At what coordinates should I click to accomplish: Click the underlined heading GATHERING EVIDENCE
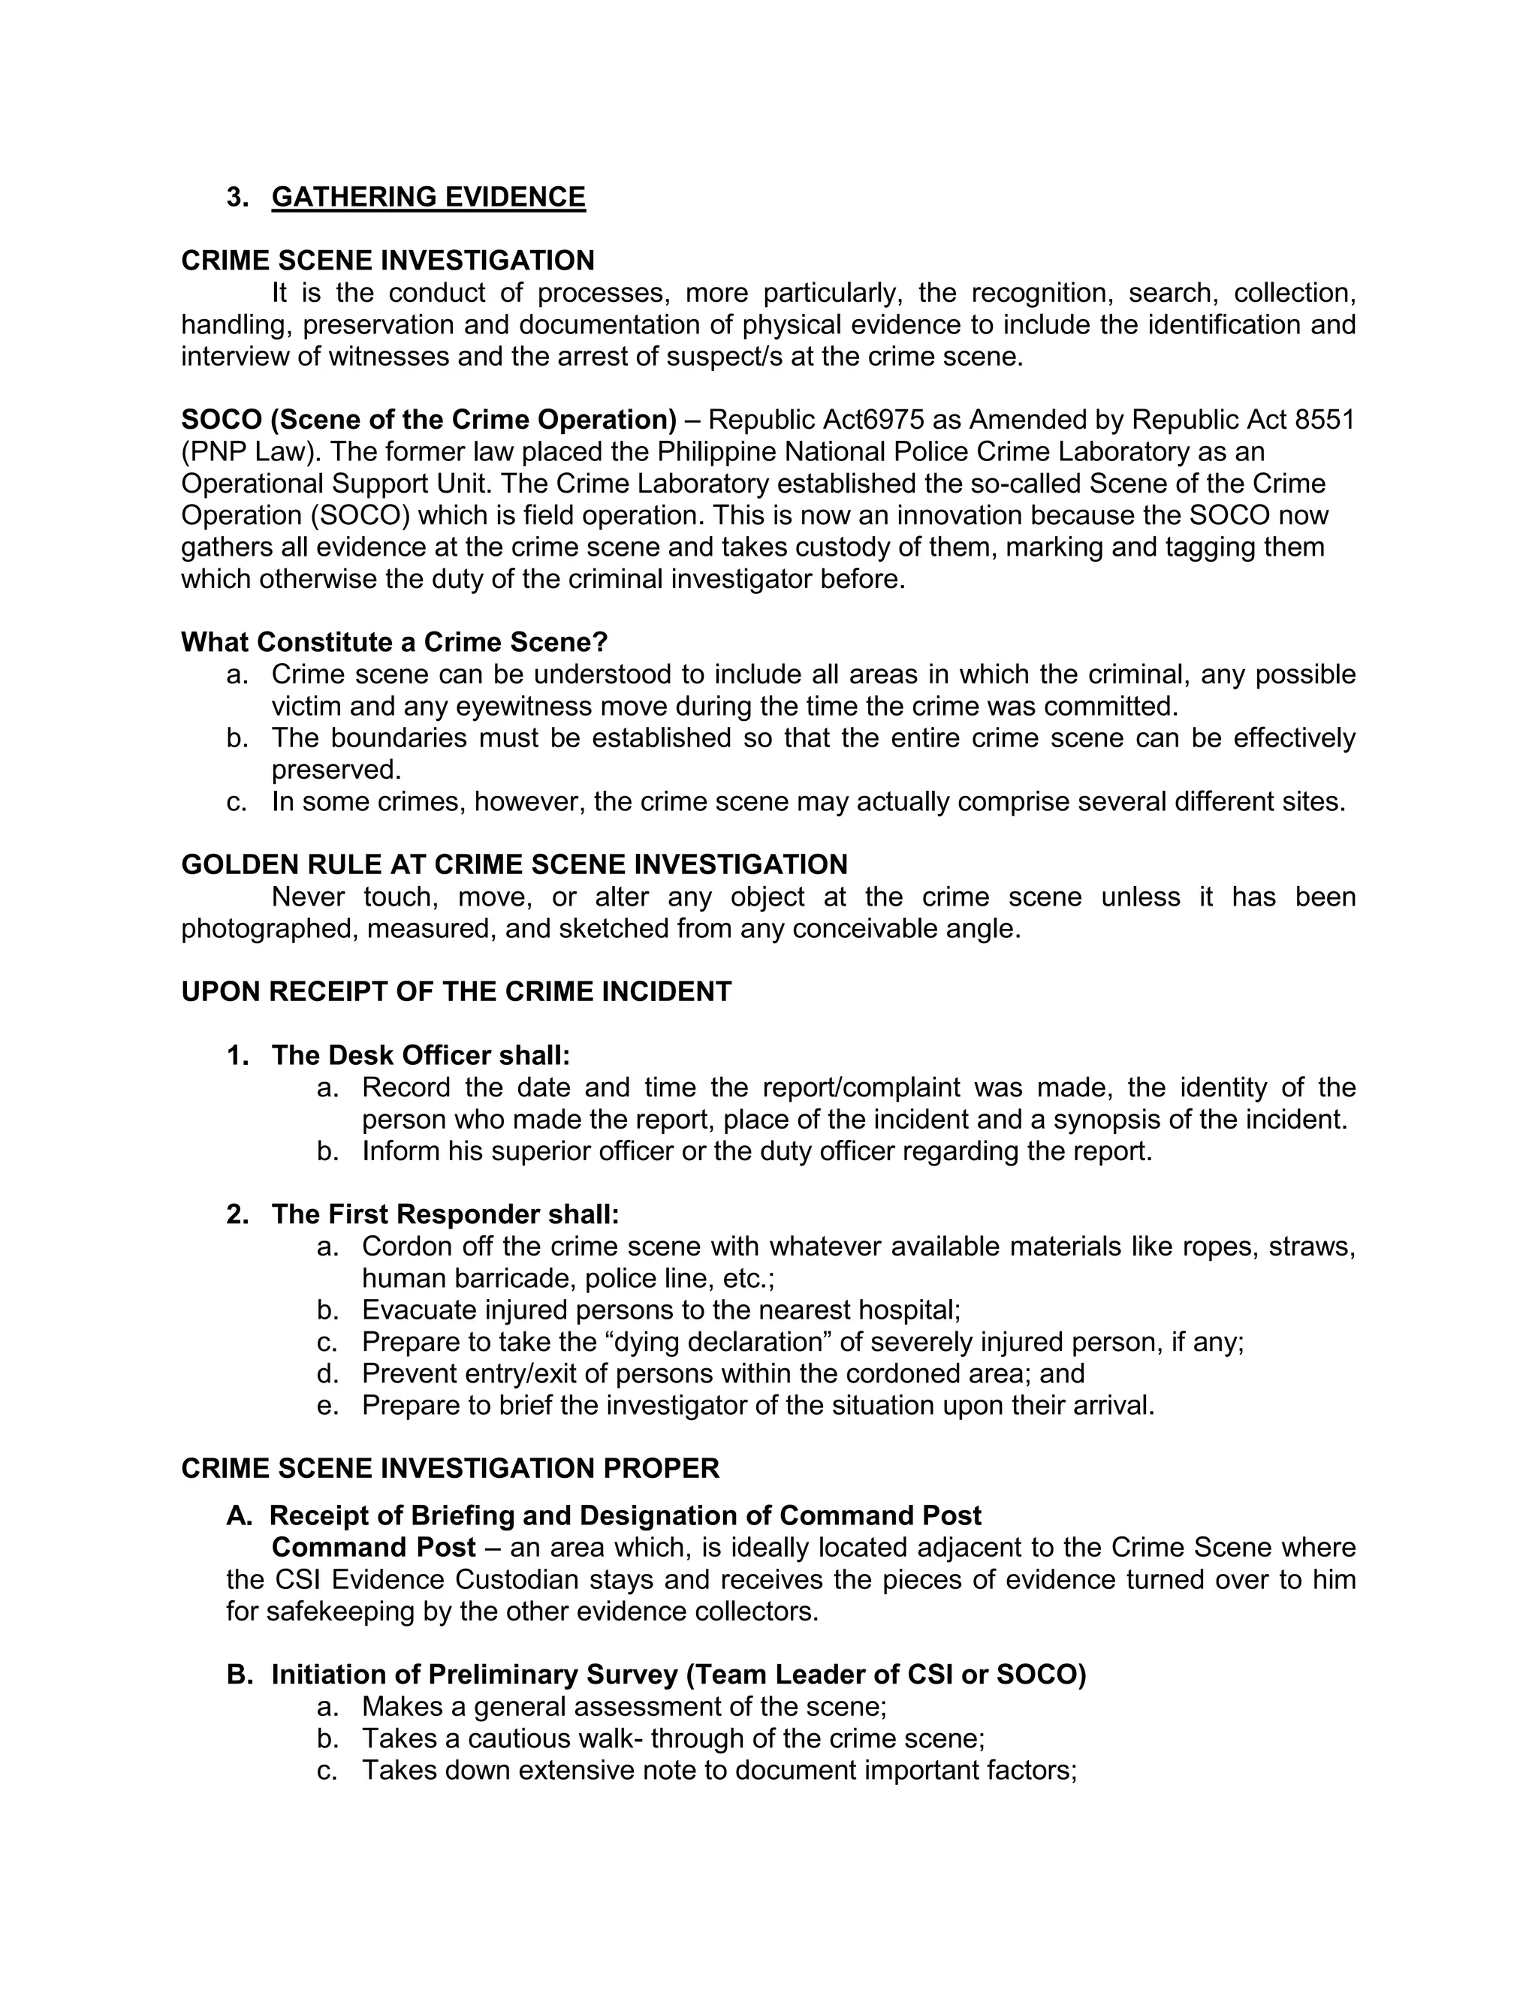[428, 197]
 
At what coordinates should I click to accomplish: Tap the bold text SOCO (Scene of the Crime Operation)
[428, 420]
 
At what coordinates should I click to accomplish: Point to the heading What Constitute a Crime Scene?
[394, 642]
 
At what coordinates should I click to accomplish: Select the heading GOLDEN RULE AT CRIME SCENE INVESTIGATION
[514, 864]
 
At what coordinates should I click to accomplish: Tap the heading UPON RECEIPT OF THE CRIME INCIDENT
[456, 992]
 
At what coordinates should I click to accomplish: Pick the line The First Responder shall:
[445, 1214]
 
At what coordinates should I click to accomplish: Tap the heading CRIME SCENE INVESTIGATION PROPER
[450, 1469]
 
